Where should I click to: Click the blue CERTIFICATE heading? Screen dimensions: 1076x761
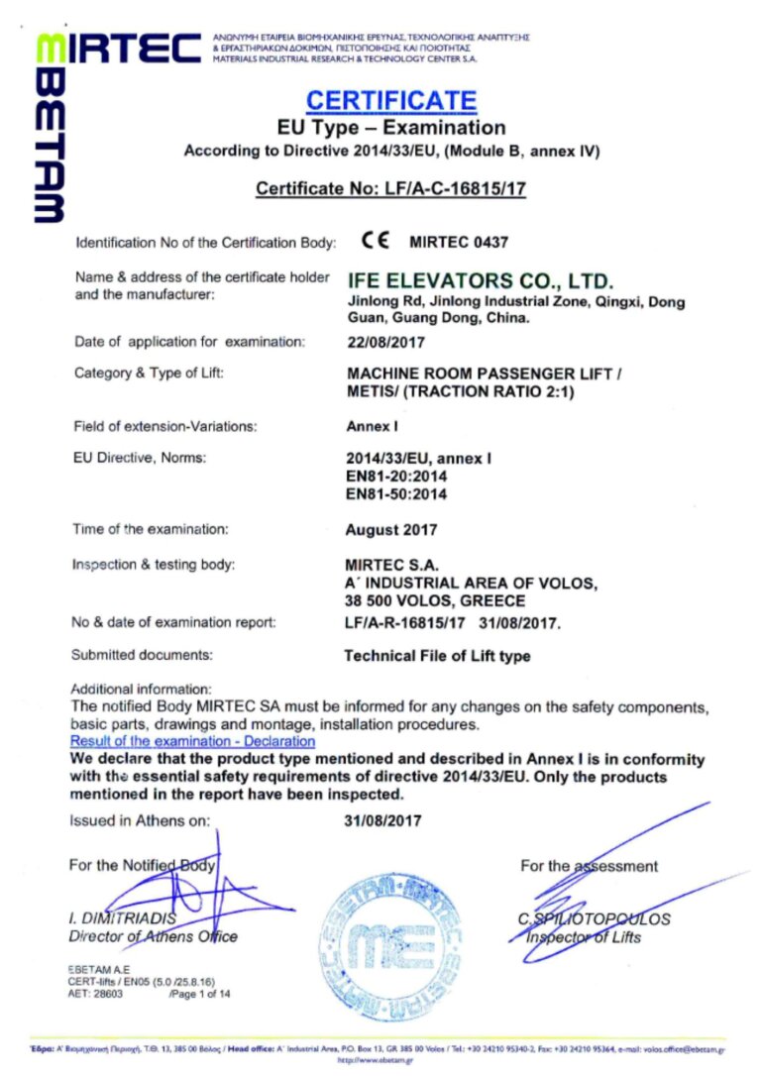[x=391, y=100]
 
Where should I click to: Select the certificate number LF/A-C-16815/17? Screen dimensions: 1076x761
[x=390, y=188]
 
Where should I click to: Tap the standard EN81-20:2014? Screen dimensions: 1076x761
[x=395, y=477]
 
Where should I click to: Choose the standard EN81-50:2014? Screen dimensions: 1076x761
[x=395, y=493]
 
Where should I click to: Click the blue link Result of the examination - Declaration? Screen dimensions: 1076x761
[x=192, y=741]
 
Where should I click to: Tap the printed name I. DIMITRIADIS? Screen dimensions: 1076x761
[x=122, y=918]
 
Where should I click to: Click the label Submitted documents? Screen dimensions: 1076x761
[x=142, y=655]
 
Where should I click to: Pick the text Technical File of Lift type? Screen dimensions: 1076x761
[x=436, y=656]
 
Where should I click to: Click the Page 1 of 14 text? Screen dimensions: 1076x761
[x=201, y=993]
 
